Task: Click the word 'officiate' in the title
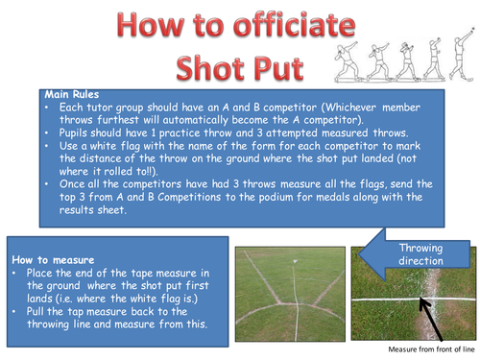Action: pos(295,25)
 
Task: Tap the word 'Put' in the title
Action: pos(278,68)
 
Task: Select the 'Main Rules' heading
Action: pos(72,95)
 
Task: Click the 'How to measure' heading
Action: pos(53,260)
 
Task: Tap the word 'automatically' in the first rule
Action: pos(195,120)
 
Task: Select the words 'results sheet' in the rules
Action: pos(93,210)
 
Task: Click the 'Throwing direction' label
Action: pos(420,254)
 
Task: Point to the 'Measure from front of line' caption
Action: pos(431,349)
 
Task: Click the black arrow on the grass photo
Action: pos(431,319)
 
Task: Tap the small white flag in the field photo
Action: pos(295,261)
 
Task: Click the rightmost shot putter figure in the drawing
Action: pos(462,55)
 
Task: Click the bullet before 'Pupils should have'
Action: pos(47,132)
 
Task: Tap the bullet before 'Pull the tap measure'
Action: pos(14,311)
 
